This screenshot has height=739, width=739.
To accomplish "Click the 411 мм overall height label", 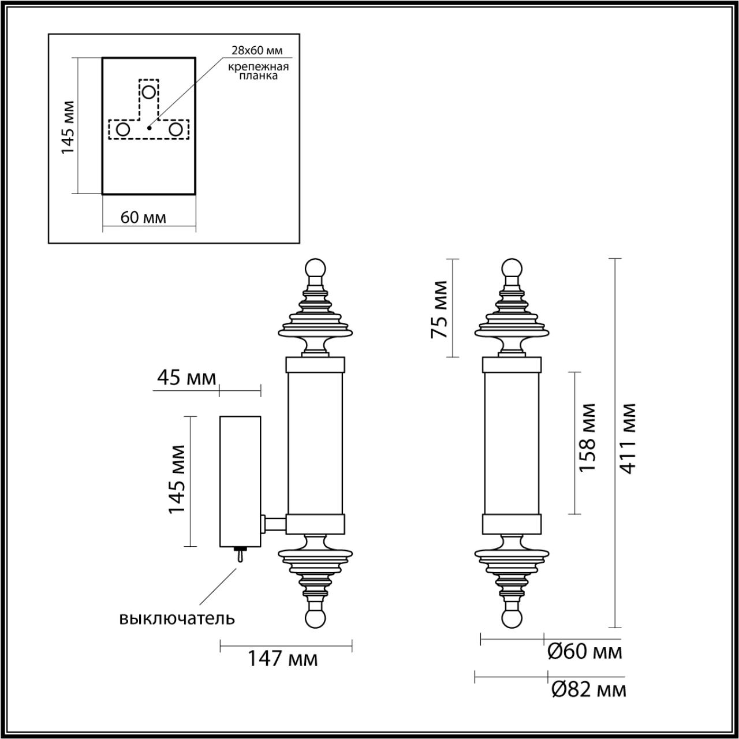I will coord(628,438).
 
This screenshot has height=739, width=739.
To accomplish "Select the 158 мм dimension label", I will coord(587,437).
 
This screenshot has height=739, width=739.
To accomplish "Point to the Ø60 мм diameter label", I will coord(584,652).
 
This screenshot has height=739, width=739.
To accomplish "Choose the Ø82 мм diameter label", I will coord(588,689).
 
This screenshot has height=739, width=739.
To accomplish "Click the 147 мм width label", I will coord(283,658).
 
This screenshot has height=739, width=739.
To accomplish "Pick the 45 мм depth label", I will coord(186,378).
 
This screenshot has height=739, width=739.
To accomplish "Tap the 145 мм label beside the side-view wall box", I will coord(177,479).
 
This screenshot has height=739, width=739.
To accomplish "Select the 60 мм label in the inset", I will coord(143,218).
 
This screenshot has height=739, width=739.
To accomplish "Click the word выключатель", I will coord(177,618).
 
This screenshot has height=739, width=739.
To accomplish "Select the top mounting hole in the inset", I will coord(149,92).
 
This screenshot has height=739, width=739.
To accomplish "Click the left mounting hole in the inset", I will coord(123,129).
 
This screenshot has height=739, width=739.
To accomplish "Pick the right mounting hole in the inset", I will coord(176,129).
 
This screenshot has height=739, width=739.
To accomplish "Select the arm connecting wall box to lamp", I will coord(274,524).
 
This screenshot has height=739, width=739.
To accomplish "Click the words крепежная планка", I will coord(257,71).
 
